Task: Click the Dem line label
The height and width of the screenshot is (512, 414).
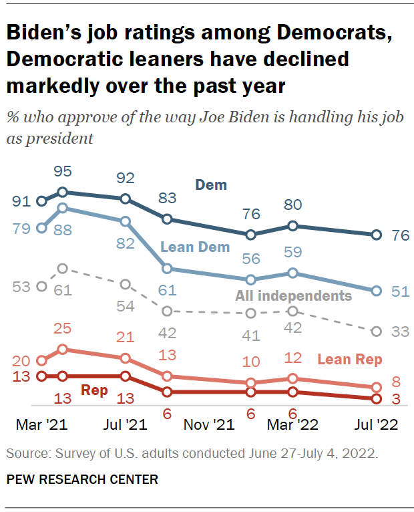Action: (211, 185)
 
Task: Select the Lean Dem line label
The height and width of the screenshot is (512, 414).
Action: (195, 247)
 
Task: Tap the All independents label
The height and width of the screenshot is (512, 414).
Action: (293, 295)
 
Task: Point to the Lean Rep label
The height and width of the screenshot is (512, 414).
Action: (349, 360)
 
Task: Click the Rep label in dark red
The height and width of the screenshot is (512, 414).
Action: (93, 390)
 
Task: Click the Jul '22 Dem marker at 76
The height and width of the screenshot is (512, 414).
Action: (377, 235)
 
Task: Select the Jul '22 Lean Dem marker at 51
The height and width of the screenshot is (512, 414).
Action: (377, 291)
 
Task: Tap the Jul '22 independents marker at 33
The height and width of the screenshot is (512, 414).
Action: (377, 331)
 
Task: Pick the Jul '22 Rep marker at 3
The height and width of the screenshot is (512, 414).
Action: (377, 398)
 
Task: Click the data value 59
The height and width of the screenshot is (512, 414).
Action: (292, 253)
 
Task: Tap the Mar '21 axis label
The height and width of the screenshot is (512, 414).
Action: (41, 424)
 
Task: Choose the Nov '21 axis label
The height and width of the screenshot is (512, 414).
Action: (209, 424)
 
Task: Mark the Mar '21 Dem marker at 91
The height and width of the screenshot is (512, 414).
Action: (41, 201)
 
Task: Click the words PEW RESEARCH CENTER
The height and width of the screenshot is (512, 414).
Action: (82, 479)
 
